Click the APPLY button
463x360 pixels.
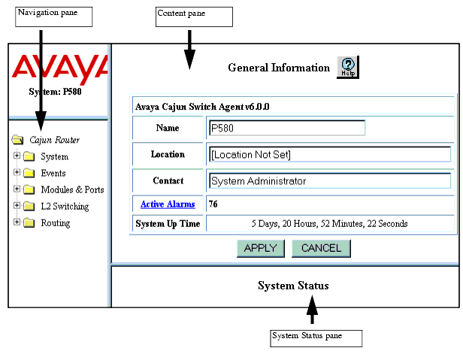(x=261, y=248)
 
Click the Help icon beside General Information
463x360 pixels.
(x=348, y=68)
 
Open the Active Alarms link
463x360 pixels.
(x=168, y=204)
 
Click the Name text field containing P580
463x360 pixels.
(x=287, y=128)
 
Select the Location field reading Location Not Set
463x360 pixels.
(x=330, y=155)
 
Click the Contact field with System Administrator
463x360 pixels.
(x=330, y=180)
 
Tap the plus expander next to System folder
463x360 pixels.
(x=17, y=155)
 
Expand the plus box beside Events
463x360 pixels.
(x=17, y=172)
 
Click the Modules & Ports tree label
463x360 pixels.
(x=72, y=189)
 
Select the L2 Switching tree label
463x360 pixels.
(x=65, y=207)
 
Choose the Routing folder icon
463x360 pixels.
(x=29, y=223)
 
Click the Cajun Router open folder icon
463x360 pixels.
(x=18, y=139)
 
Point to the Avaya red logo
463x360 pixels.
(x=60, y=68)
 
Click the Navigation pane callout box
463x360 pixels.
(x=54, y=17)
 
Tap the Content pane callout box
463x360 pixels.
(x=194, y=17)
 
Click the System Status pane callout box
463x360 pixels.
(x=316, y=338)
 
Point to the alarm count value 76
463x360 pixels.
(x=213, y=204)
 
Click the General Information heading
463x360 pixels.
(x=279, y=68)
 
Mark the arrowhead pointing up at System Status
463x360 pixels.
(x=312, y=305)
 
